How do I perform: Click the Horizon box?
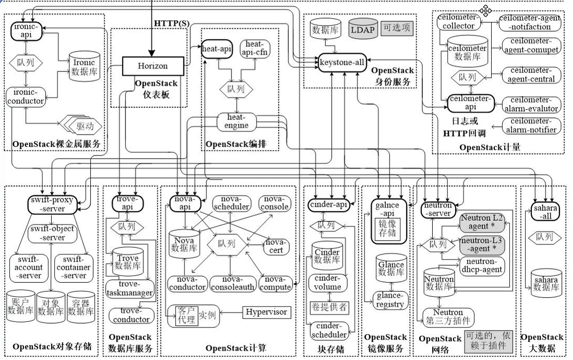(x=153, y=66)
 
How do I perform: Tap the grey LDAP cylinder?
(x=363, y=30)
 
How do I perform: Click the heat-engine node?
(x=237, y=121)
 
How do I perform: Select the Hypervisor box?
(x=266, y=312)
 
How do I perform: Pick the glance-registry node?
(x=390, y=300)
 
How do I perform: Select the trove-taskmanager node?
(x=130, y=289)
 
